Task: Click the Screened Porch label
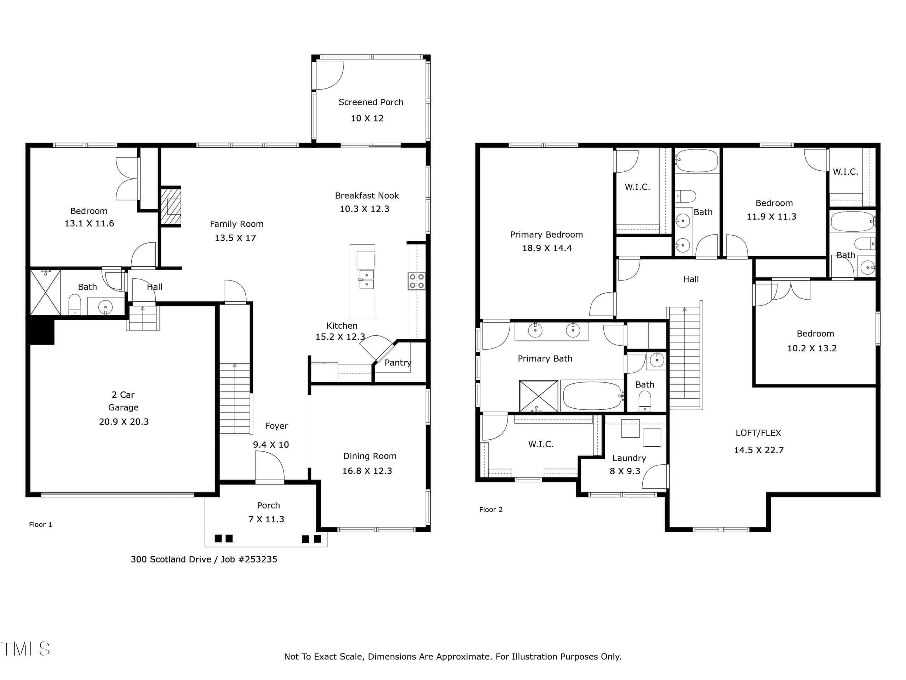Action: pyautogui.click(x=371, y=102)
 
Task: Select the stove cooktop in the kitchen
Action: pyautogui.click(x=417, y=281)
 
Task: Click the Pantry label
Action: pyautogui.click(x=398, y=363)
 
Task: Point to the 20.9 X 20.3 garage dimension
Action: pyautogui.click(x=124, y=421)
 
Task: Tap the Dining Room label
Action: pyautogui.click(x=369, y=456)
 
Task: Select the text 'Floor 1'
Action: pyautogui.click(x=41, y=524)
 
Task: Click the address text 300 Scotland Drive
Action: pyautogui.click(x=171, y=559)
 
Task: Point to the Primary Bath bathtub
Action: pyautogui.click(x=592, y=396)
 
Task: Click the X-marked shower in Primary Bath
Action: pyautogui.click(x=539, y=396)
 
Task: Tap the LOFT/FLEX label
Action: pyautogui.click(x=758, y=433)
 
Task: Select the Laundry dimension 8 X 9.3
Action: pyautogui.click(x=625, y=471)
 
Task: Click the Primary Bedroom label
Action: pyautogui.click(x=546, y=234)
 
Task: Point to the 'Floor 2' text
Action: pyautogui.click(x=491, y=510)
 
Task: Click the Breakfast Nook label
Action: pyautogui.click(x=367, y=195)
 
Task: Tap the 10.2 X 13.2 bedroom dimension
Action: pyautogui.click(x=812, y=348)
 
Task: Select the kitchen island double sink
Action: pyautogui.click(x=367, y=279)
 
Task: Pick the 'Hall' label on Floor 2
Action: pyautogui.click(x=690, y=279)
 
